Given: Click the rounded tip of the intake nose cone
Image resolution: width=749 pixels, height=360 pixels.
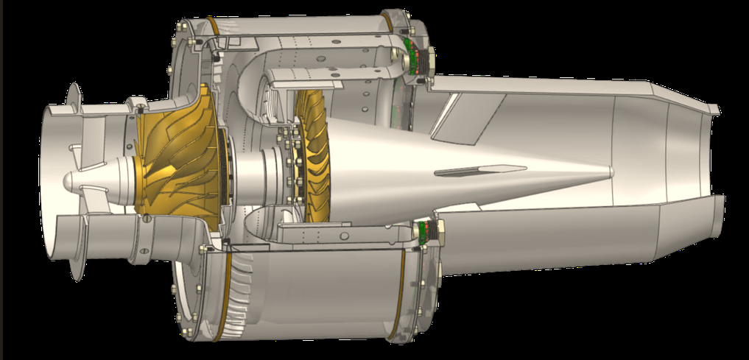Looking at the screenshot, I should click(x=68, y=180).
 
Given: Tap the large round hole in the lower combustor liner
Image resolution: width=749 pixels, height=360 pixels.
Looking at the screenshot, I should click(x=343, y=235).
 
